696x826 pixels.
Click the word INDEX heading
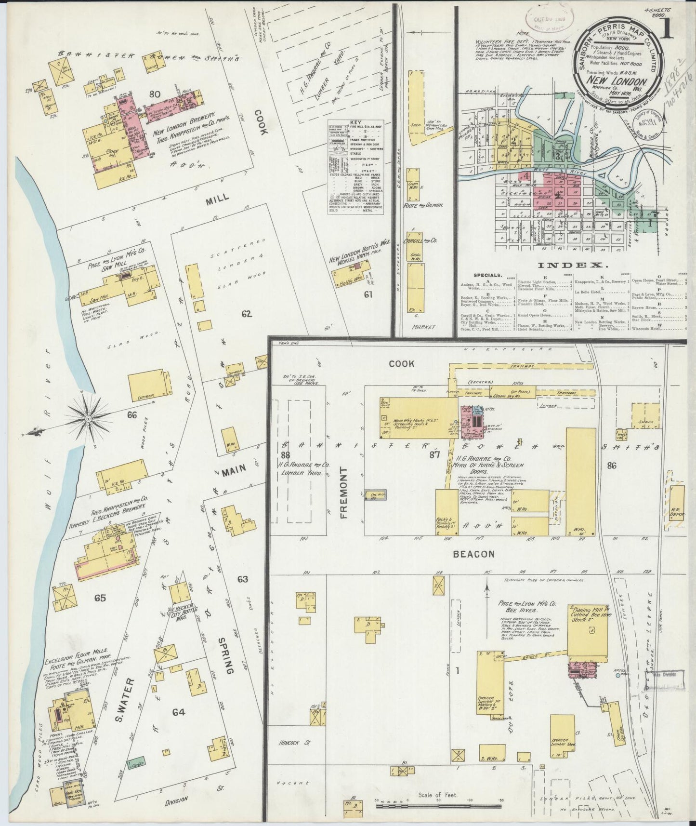click(x=570, y=265)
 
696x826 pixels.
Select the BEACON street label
click(x=473, y=554)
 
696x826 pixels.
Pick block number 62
click(x=246, y=314)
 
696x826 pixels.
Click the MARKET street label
click(x=424, y=327)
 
